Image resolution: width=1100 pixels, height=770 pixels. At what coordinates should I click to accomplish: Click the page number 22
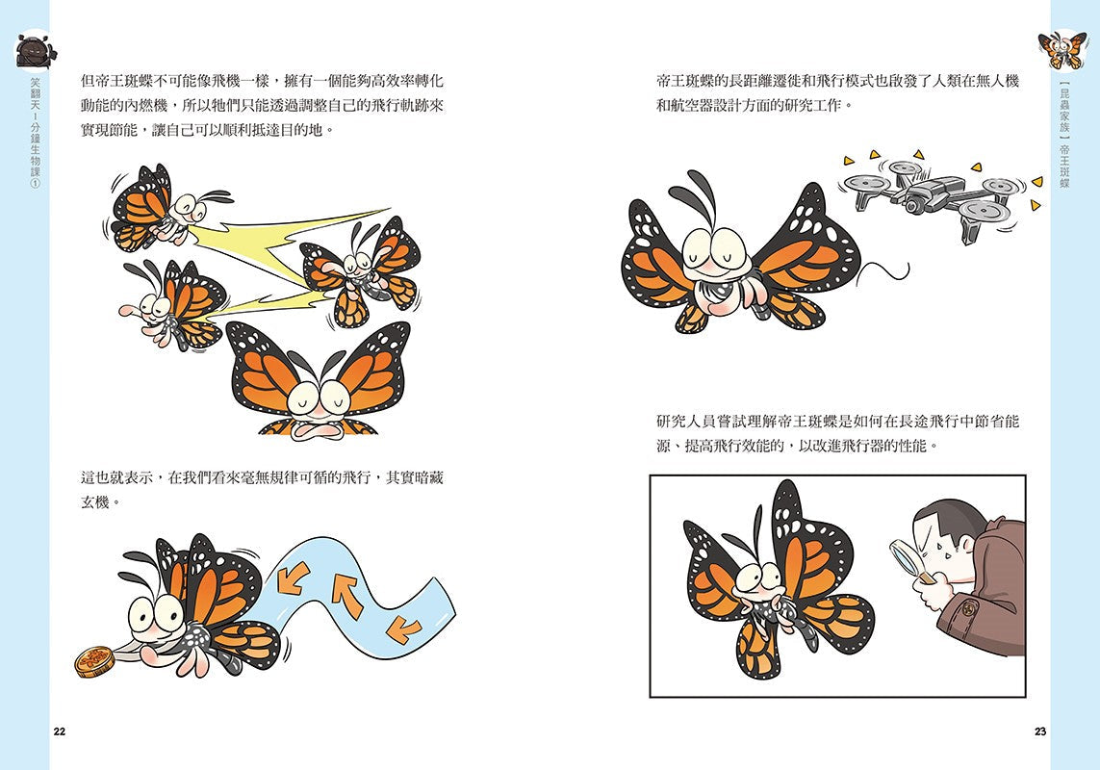tap(60, 732)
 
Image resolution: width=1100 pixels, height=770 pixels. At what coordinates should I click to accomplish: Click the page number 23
tap(1040, 732)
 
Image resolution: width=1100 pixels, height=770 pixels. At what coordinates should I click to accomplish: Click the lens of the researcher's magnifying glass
tap(906, 556)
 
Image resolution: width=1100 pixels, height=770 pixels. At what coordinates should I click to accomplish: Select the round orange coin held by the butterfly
tap(95, 660)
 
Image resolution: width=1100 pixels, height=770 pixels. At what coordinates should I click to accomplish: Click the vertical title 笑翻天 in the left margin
tap(34, 96)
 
